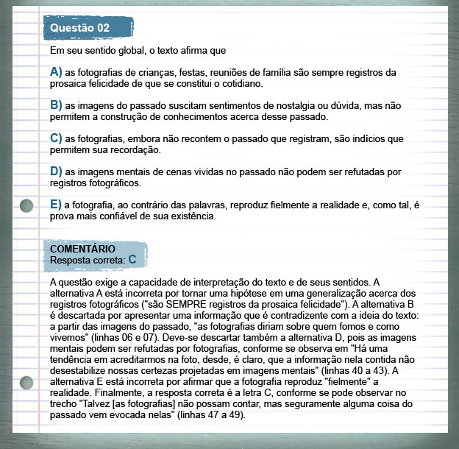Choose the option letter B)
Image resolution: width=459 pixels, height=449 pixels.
click(x=56, y=105)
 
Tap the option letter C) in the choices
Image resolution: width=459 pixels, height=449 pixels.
click(x=56, y=138)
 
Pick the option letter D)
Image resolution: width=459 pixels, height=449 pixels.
click(x=56, y=171)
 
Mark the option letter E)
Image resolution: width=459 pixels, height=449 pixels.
click(x=56, y=204)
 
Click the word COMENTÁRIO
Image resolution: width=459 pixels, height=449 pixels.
click(x=82, y=249)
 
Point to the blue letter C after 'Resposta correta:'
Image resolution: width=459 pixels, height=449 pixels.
click(x=132, y=259)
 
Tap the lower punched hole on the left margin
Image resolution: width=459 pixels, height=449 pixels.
click(x=26, y=381)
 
